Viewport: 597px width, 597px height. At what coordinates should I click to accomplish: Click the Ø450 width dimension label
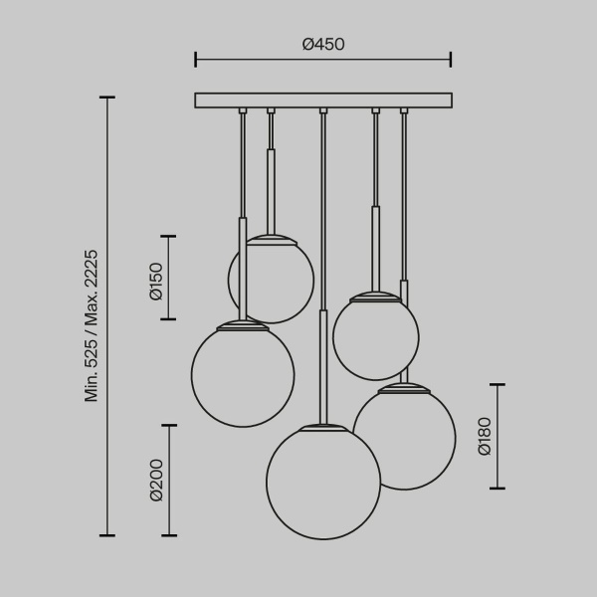pos(322,45)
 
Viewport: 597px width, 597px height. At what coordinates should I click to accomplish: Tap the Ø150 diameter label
pos(156,279)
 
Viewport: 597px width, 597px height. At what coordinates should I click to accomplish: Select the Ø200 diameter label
pos(156,481)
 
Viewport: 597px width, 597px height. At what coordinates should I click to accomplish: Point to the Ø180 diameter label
pos(485,436)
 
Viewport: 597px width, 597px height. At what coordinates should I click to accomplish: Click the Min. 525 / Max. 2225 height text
pos(92,324)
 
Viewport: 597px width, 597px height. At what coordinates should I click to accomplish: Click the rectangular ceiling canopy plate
pos(323,99)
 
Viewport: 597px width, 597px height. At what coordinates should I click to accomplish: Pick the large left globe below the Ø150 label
pos(243,373)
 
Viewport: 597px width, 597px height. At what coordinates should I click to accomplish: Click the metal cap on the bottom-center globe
pos(323,428)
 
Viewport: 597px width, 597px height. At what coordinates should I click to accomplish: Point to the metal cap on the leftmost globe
pos(243,324)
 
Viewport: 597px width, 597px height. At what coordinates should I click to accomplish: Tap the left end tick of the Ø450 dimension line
pos(196,60)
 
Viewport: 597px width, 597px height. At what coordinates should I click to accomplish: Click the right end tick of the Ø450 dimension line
pos(451,60)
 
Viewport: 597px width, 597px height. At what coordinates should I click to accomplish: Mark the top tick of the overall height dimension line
pos(107,98)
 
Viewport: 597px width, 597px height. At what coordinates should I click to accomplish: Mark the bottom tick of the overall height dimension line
pos(107,535)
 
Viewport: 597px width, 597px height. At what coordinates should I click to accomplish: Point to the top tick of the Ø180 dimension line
pos(497,385)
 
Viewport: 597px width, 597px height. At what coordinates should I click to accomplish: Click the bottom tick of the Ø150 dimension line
pos(167,318)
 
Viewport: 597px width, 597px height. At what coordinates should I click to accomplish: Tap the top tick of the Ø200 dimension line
pos(168,426)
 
